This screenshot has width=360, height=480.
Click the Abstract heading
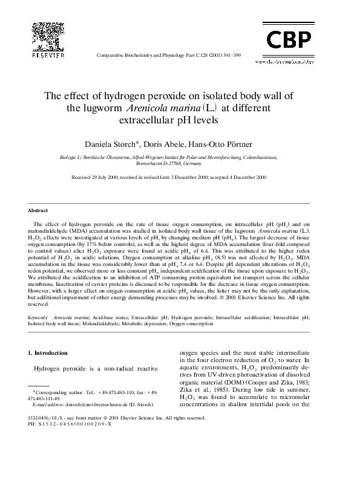(38, 211)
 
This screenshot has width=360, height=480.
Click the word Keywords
(39, 317)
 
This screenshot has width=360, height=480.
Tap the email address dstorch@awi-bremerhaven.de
(91, 405)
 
